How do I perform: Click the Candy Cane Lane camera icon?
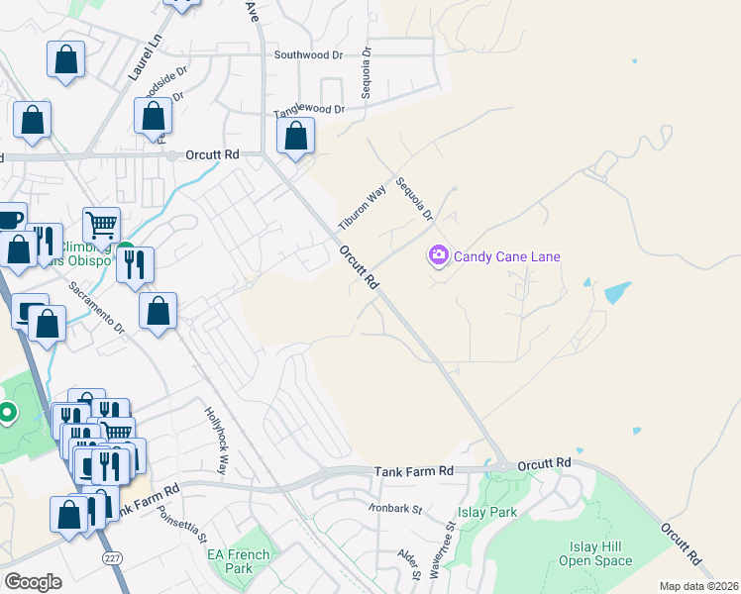(x=438, y=256)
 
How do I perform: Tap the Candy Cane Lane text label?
(x=507, y=256)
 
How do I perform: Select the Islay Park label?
(x=487, y=513)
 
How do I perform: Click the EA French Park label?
(x=239, y=561)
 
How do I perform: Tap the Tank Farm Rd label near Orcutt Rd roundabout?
(x=413, y=473)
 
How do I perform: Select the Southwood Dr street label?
(x=308, y=55)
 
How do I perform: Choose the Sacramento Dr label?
(x=97, y=308)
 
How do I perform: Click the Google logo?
(x=34, y=582)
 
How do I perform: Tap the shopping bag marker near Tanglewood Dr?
(x=295, y=137)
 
